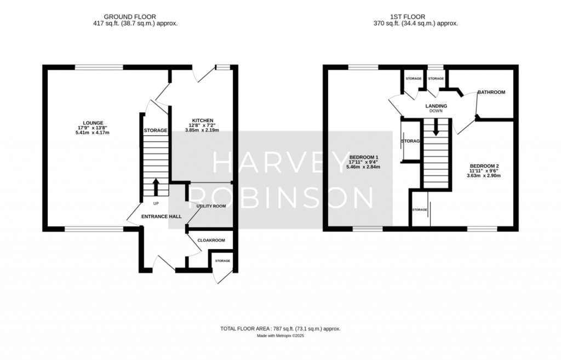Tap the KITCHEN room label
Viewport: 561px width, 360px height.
(x=202, y=121)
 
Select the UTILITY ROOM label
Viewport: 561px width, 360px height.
(x=211, y=206)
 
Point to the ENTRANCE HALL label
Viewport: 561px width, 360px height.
(x=162, y=216)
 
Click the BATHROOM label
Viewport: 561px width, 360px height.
(x=491, y=92)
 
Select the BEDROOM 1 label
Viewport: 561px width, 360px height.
(x=364, y=157)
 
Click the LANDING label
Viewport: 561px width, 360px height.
(x=436, y=106)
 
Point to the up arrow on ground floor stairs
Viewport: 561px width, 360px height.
(x=155, y=187)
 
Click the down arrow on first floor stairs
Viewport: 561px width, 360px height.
(x=436, y=130)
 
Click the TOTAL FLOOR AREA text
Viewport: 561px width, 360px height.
(x=280, y=328)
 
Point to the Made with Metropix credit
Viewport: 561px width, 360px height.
(x=280, y=335)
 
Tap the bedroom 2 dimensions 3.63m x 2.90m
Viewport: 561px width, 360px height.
(x=483, y=176)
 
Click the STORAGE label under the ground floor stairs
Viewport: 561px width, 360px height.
(x=155, y=130)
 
